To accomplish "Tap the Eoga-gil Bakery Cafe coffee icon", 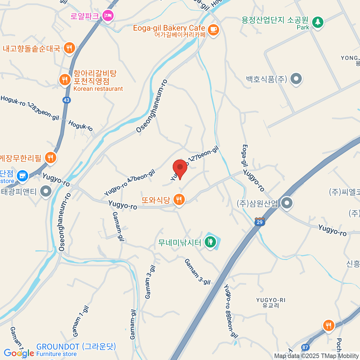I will pyautogui.click(x=213, y=30).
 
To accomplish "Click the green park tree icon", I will pyautogui.click(x=317, y=22).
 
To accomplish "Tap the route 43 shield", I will pyautogui.click(x=67, y=100).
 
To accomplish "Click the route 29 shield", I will pyautogui.click(x=260, y=222).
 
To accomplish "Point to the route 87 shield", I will pyautogui.click(x=305, y=347).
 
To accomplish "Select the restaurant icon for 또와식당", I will pyautogui.click(x=179, y=199).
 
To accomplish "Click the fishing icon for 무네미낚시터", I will pyautogui.click(x=210, y=241).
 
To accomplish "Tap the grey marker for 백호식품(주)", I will pyautogui.click(x=296, y=79).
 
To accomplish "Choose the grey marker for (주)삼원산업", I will pyautogui.click(x=287, y=203).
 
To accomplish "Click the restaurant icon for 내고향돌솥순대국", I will pyautogui.click(x=69, y=48).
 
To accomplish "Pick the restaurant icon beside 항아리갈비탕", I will pyautogui.click(x=64, y=80).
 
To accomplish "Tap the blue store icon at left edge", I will pyautogui.click(x=22, y=176).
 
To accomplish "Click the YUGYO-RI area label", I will pyautogui.click(x=271, y=303).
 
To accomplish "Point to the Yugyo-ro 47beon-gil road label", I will pyautogui.click(x=130, y=182).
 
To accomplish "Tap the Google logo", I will pyautogui.click(x=19, y=353).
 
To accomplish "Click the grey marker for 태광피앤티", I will pyautogui.click(x=46, y=191).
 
